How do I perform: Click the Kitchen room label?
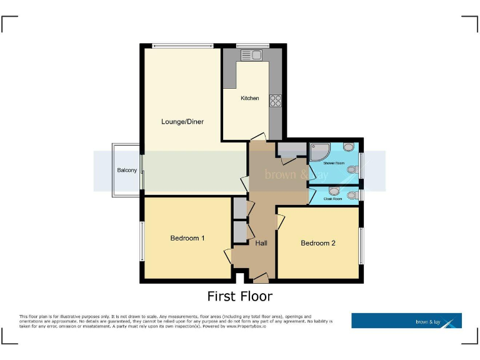point(250,98)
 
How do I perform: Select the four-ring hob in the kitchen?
point(276,100)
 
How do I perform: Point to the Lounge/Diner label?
point(182,121)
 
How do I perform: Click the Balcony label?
point(127,170)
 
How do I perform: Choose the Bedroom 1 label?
point(187,238)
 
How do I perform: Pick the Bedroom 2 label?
point(318,243)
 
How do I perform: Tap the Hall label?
point(261,243)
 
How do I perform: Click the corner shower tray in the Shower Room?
point(320,151)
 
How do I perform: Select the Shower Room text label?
point(334,163)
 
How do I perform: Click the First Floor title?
point(240,296)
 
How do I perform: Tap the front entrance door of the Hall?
point(261,276)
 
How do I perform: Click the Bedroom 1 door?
point(228,256)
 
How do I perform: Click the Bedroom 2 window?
point(360,245)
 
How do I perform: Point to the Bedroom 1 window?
point(142,241)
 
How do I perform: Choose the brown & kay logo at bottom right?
point(406,321)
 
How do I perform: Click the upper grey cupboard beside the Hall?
point(239,207)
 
